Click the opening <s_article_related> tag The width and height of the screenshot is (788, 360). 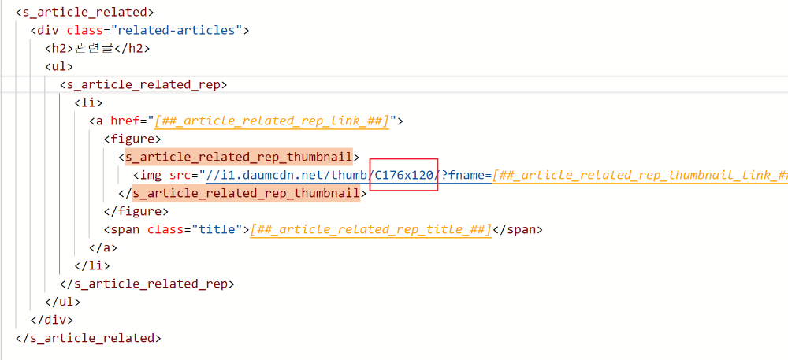[x=84, y=12]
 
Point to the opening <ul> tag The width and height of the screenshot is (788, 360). [x=59, y=66]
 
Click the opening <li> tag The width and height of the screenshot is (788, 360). [x=88, y=102]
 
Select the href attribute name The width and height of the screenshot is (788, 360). [x=124, y=121]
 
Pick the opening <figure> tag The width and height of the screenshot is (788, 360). [x=132, y=139]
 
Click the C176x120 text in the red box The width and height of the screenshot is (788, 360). [x=404, y=175]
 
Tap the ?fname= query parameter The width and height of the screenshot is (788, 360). [x=466, y=175]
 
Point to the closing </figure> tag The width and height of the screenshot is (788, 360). [x=136, y=211]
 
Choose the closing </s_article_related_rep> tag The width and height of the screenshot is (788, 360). [x=147, y=284]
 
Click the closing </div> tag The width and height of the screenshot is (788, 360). [x=51, y=320]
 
